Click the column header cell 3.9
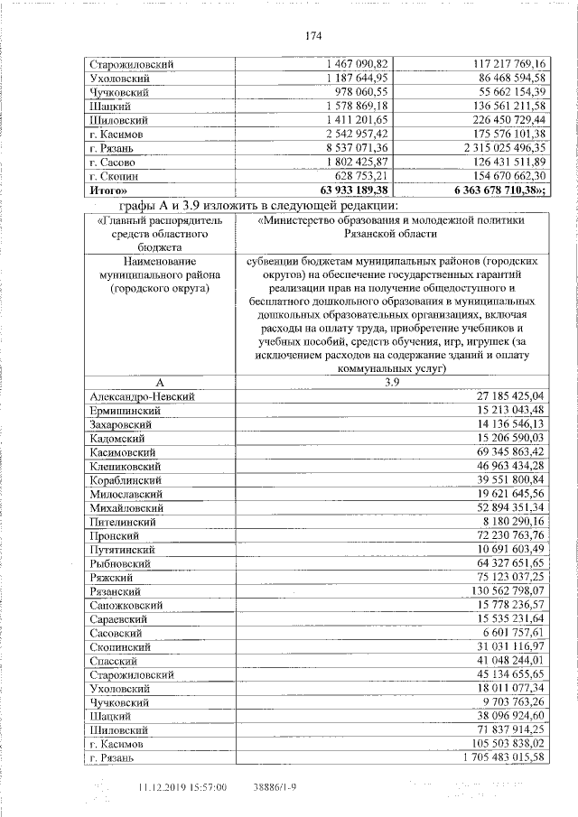(392, 383)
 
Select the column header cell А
(159, 383)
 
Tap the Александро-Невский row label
(143, 396)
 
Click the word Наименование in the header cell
(159, 259)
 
